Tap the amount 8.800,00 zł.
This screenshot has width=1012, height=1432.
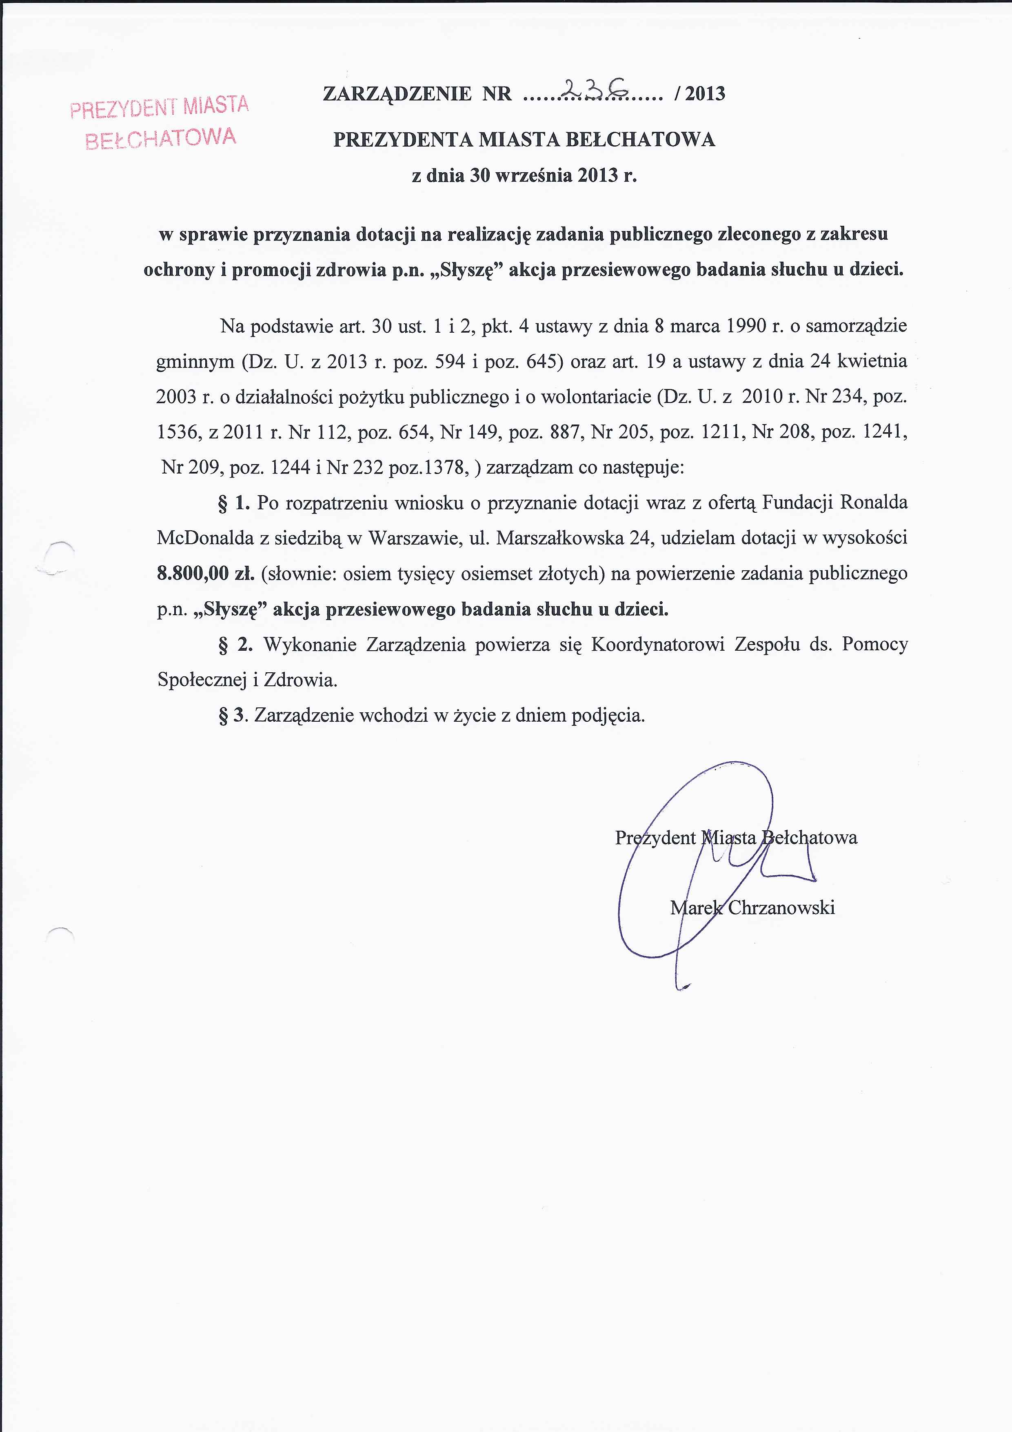click(x=206, y=574)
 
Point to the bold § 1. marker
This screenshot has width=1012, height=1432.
click(x=234, y=503)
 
